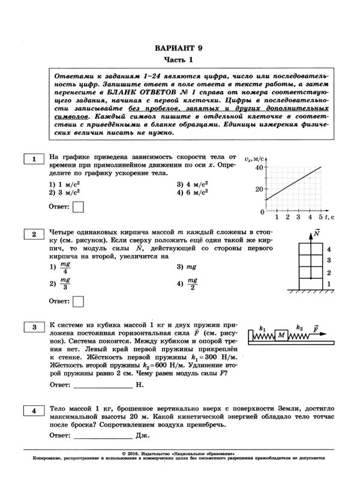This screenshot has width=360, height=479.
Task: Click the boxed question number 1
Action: click(x=34, y=158)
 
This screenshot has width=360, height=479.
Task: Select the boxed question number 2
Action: click(x=34, y=234)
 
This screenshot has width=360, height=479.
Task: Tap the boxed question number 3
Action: click(x=34, y=327)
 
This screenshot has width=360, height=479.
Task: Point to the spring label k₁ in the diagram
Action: click(x=262, y=327)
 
